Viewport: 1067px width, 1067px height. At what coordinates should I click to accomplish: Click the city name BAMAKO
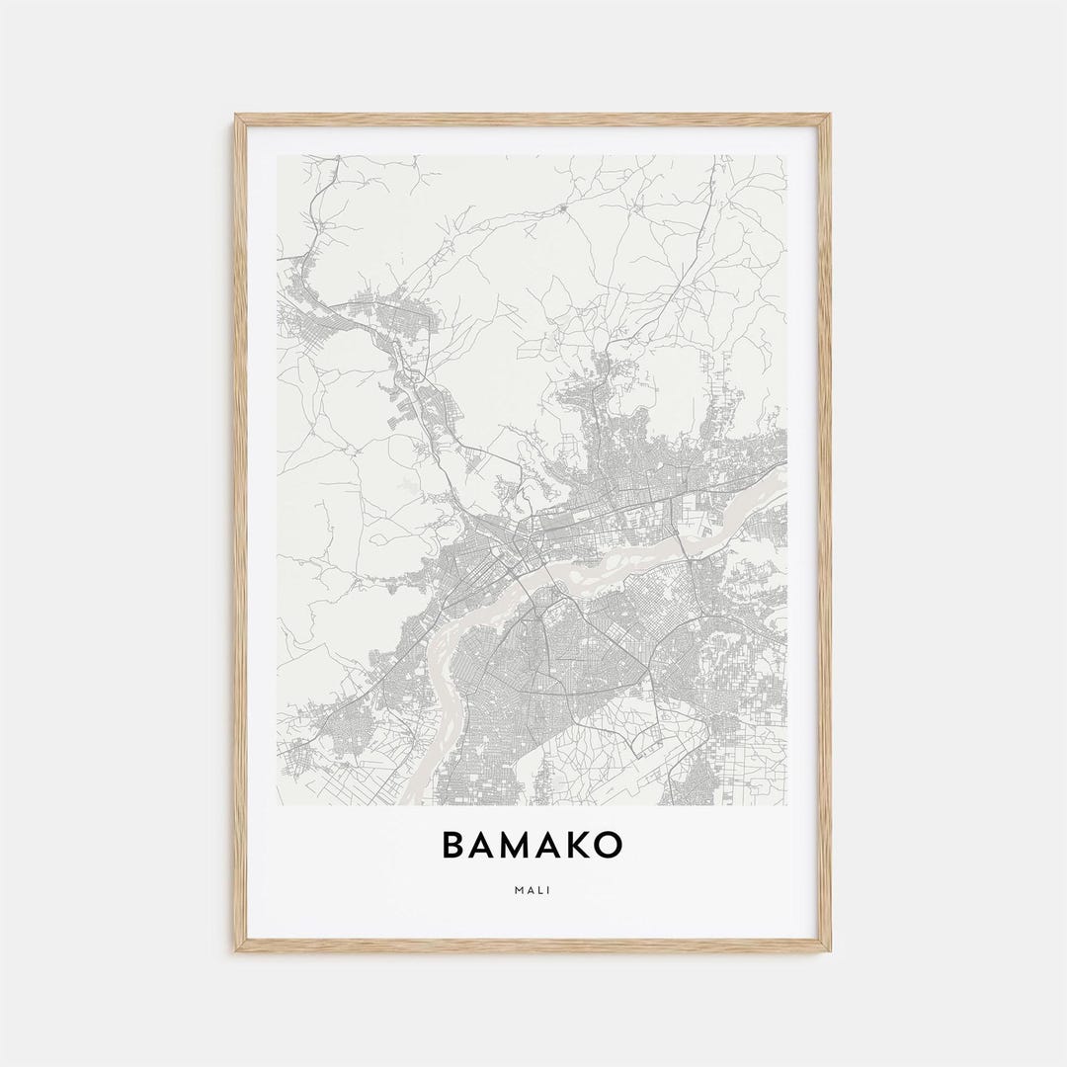tap(533, 846)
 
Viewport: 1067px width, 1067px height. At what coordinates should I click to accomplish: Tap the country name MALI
tap(533, 890)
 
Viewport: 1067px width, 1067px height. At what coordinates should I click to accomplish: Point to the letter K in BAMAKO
tap(572, 846)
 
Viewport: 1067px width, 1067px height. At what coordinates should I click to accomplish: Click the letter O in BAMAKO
tap(607, 846)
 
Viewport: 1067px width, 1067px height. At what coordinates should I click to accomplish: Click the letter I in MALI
tap(549, 890)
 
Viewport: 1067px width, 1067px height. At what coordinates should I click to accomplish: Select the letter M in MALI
tap(518, 890)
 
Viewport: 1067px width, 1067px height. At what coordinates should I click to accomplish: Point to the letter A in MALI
tap(530, 890)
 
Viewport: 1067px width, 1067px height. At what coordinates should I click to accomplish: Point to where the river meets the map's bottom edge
tap(420, 801)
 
